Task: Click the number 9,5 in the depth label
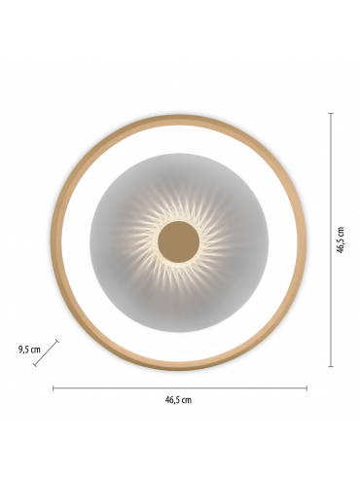[23, 350]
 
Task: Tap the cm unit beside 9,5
[35, 350]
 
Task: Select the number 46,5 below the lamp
[172, 399]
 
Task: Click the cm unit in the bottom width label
[187, 400]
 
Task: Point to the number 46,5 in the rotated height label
[340, 244]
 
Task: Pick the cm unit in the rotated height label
[341, 232]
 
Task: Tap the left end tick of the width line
[54, 388]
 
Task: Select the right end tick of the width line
[306, 388]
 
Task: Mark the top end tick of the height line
[331, 113]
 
